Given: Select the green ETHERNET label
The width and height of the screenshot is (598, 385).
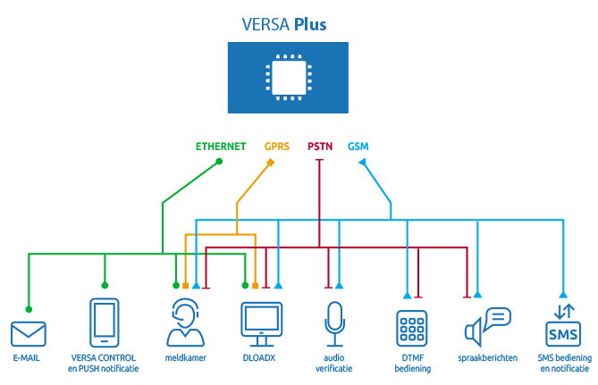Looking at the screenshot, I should pyautogui.click(x=222, y=145).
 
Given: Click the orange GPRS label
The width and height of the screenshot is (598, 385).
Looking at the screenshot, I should pyautogui.click(x=277, y=145).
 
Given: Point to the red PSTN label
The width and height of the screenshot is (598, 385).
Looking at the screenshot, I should pyautogui.click(x=320, y=145).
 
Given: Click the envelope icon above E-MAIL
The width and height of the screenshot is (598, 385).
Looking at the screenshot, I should pyautogui.click(x=28, y=333).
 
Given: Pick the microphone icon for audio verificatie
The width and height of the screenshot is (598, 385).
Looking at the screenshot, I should pyautogui.click(x=334, y=324).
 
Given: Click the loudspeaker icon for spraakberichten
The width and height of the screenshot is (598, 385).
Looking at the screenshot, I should pyautogui.click(x=487, y=326).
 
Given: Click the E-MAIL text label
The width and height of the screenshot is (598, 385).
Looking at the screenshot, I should pyautogui.click(x=27, y=359).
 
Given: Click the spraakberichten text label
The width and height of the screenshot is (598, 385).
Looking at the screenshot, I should pyautogui.click(x=488, y=359).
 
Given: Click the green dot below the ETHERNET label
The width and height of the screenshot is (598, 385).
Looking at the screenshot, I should pyautogui.click(x=219, y=162).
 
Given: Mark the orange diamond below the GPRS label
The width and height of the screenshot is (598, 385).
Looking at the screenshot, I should pyautogui.click(x=271, y=163).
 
